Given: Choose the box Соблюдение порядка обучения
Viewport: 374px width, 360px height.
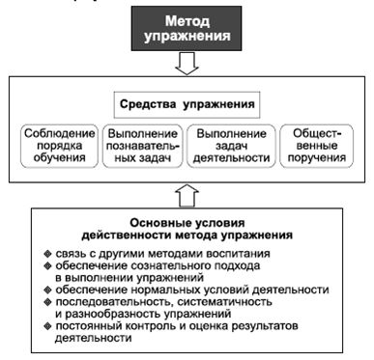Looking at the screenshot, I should click(x=59, y=146).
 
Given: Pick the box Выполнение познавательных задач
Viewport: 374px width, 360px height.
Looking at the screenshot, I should click(x=142, y=146).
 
